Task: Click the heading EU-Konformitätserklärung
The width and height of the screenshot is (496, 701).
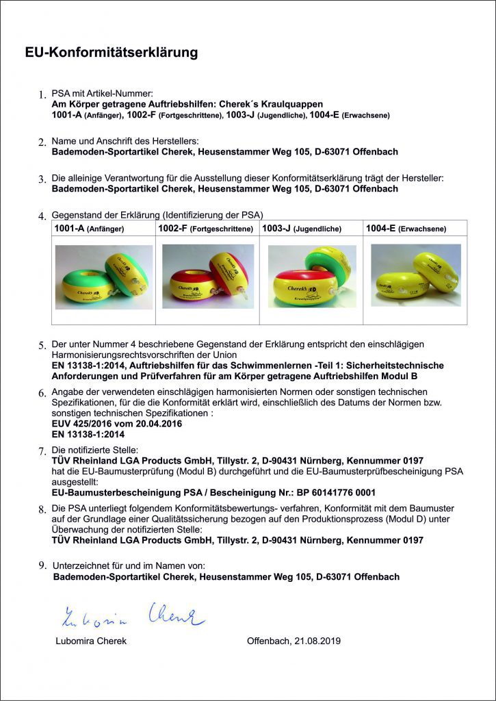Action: coord(112,53)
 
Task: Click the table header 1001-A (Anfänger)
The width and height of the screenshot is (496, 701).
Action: coord(89,229)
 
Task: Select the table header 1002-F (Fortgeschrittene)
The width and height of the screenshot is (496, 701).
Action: coord(205,229)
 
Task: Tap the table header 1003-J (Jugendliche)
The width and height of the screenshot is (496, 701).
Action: coord(302,229)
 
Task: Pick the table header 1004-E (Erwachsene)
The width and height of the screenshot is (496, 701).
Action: coord(406,229)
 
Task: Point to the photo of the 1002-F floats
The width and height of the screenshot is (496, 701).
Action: coord(208,277)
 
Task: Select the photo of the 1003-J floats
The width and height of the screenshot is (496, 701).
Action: coord(312,276)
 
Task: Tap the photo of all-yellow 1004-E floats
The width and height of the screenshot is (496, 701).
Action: coord(416,275)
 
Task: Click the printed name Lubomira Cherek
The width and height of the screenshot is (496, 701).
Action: coord(91,641)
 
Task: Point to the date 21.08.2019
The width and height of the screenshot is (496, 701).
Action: coord(317,641)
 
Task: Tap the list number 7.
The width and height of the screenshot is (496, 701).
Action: coord(42,451)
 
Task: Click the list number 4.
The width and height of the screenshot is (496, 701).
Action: coord(42,216)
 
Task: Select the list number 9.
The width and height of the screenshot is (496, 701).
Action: coord(42,565)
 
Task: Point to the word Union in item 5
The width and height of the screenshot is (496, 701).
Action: coord(225,355)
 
